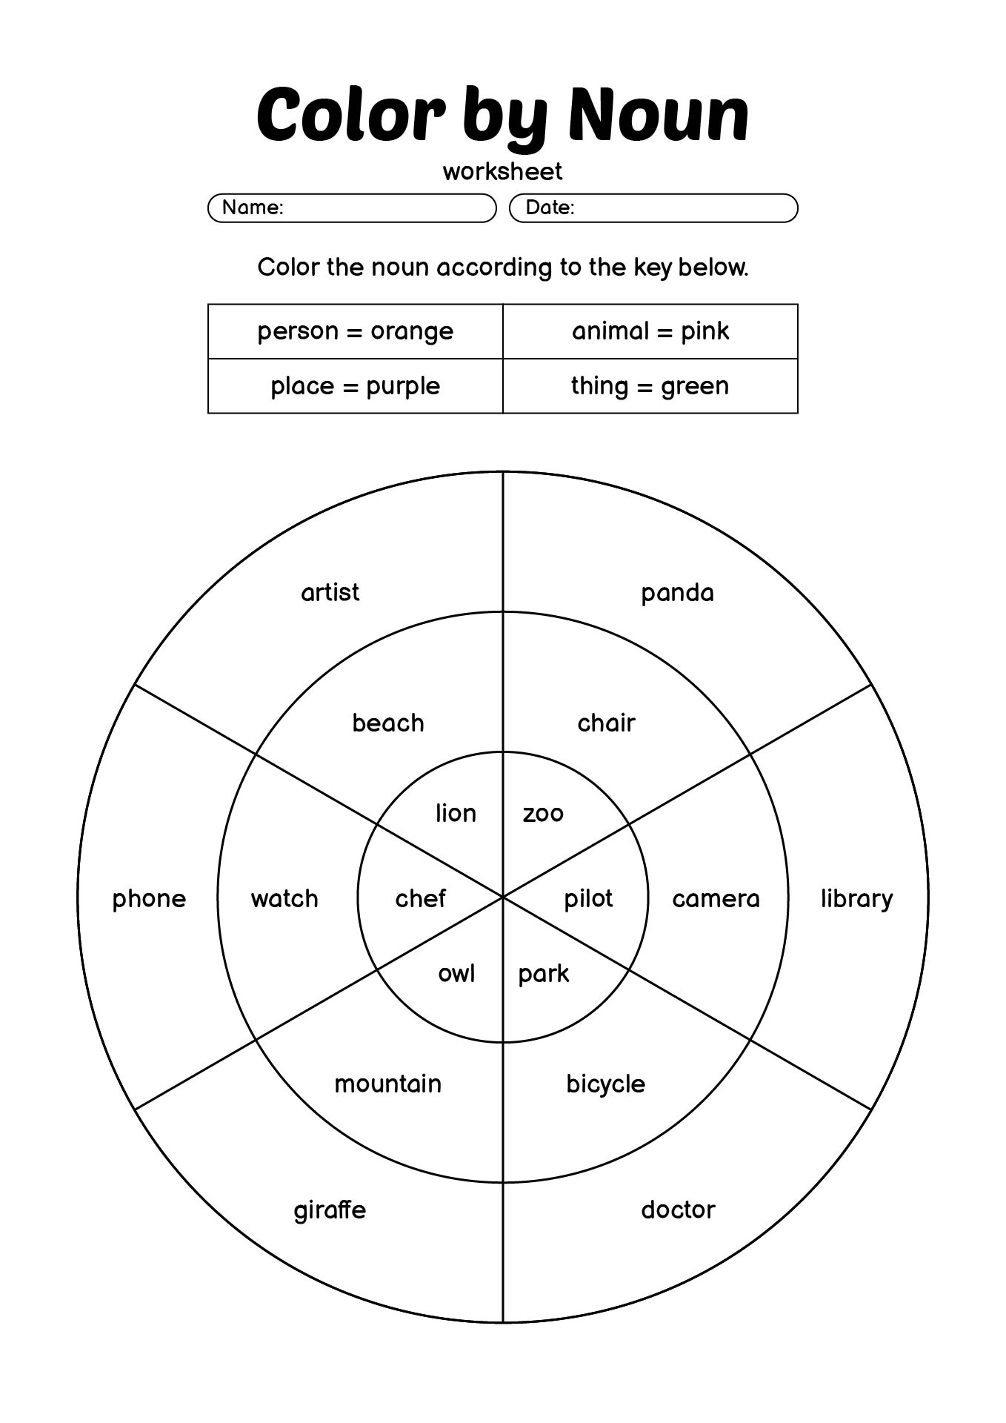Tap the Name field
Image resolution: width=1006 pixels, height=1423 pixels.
(352, 208)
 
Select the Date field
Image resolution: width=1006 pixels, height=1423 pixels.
(653, 208)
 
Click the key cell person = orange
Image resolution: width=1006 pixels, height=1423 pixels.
(356, 331)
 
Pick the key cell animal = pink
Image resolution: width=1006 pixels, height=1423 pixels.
(650, 331)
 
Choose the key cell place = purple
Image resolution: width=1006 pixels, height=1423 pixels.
(356, 386)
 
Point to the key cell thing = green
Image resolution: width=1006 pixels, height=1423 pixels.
(650, 386)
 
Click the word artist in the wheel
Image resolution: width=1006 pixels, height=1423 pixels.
(330, 592)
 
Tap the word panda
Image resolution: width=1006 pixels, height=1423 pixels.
(677, 593)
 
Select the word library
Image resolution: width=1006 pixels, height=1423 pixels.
(856, 899)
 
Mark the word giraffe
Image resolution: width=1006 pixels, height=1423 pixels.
(330, 1210)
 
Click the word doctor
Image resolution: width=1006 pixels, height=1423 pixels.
(678, 1210)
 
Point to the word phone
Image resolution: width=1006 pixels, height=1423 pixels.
(149, 899)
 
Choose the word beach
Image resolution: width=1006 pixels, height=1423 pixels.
(388, 723)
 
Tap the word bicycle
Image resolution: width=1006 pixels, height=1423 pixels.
(605, 1084)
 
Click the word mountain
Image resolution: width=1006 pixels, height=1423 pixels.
(387, 1084)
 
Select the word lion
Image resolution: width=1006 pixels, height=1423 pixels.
(456, 813)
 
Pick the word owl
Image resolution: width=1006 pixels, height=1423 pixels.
(456, 973)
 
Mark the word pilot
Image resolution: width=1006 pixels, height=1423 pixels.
(588, 899)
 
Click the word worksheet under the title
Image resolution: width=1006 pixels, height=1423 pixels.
(503, 171)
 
